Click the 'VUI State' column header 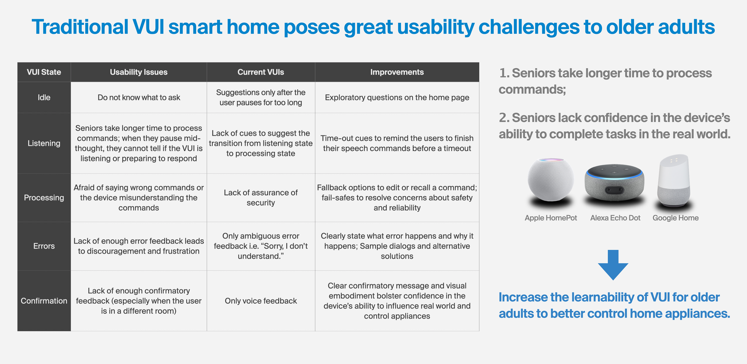[44, 72]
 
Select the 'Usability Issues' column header [139, 72]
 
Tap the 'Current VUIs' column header [261, 72]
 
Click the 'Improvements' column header [397, 72]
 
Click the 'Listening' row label [44, 143]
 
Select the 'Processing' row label [44, 198]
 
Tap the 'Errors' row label [44, 246]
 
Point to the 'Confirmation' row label [44, 301]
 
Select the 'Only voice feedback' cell [261, 301]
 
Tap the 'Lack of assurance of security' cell [261, 198]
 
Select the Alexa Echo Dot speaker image [614, 183]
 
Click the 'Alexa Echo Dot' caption [615, 218]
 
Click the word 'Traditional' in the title [80, 27]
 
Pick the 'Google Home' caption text [675, 218]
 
